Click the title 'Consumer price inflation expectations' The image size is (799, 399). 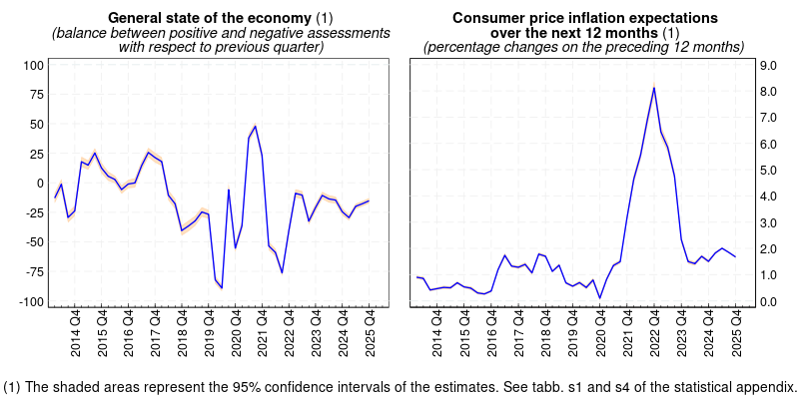[584, 18]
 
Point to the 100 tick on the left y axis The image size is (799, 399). [32, 65]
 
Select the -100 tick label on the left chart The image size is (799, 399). [30, 301]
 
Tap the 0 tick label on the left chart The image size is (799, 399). [40, 184]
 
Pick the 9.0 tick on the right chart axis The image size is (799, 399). [768, 65]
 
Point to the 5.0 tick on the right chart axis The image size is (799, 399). [768, 170]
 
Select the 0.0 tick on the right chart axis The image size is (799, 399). [768, 301]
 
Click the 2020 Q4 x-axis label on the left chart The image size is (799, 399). [236, 335]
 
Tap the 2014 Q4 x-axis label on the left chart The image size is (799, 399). [76, 335]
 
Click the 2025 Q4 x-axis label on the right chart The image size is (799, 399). [736, 335]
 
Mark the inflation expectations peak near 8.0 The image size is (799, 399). [654, 88]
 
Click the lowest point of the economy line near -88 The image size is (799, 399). [222, 287]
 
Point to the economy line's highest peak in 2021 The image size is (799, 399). [256, 126]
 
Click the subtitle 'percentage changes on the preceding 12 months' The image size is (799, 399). [584, 47]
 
